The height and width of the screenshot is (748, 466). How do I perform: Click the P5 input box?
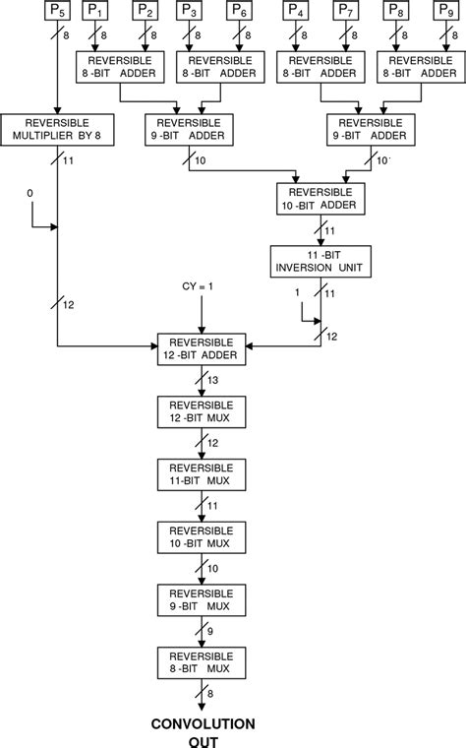tap(58, 13)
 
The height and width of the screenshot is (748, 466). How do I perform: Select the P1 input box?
tap(96, 13)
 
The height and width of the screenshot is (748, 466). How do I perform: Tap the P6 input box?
tap(238, 13)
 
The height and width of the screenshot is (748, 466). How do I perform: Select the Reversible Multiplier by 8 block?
tap(58, 127)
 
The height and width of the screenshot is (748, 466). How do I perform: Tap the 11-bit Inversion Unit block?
tap(319, 260)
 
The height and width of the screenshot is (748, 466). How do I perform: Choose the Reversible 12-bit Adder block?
tap(201, 349)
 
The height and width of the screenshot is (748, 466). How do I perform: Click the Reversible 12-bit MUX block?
tap(201, 411)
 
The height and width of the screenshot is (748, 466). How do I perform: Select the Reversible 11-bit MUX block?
tap(201, 473)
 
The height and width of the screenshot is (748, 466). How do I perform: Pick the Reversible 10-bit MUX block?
tap(201, 535)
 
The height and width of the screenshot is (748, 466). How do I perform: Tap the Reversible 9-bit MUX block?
tap(201, 597)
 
